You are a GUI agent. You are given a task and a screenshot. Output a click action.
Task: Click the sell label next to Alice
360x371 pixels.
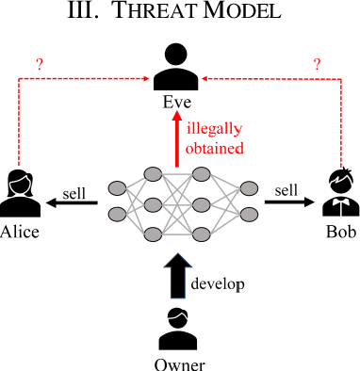74,193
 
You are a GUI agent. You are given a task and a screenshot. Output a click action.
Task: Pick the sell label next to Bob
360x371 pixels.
286,190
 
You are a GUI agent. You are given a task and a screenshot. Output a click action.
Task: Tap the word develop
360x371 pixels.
218,282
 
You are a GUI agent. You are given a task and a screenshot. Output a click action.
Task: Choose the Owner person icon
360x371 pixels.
178,331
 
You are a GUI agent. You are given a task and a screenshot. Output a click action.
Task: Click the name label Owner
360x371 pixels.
178,363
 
